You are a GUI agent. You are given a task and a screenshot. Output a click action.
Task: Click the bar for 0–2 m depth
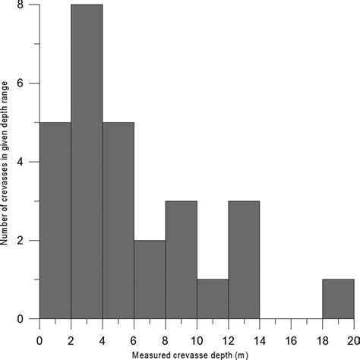(55, 220)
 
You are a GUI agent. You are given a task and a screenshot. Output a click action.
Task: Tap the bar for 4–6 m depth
(118, 220)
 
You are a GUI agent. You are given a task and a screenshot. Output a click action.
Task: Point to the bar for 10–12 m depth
(212, 299)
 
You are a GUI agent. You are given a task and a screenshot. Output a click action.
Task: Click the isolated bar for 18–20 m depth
(338, 299)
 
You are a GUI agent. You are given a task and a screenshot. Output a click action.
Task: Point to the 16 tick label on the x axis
(291, 336)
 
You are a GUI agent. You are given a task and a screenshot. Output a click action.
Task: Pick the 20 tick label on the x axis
(352, 336)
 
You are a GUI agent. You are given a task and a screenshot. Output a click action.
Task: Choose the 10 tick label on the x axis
(197, 336)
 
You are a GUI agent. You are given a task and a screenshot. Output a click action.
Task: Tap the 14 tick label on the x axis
(260, 336)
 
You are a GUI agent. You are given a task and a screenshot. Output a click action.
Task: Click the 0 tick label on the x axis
(39, 336)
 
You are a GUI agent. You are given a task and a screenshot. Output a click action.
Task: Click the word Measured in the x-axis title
(151, 353)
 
